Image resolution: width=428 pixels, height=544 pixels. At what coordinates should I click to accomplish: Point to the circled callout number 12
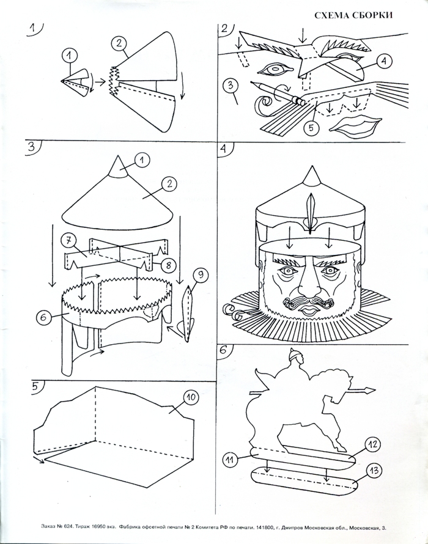coord(371,443)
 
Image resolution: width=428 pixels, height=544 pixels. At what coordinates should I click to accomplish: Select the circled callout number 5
coord(312,128)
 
